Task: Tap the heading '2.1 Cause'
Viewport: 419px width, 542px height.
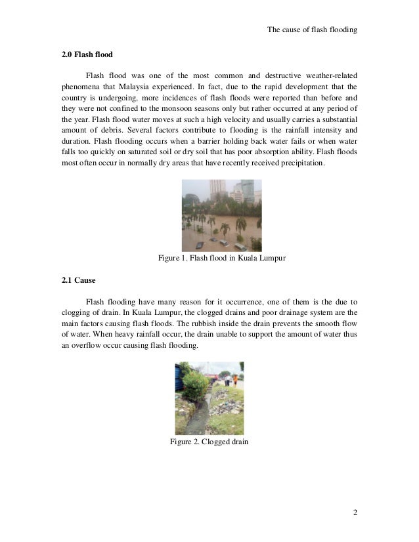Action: (78, 280)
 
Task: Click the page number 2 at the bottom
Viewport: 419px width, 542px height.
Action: (355, 512)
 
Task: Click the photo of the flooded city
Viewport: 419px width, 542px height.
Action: (221, 215)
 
